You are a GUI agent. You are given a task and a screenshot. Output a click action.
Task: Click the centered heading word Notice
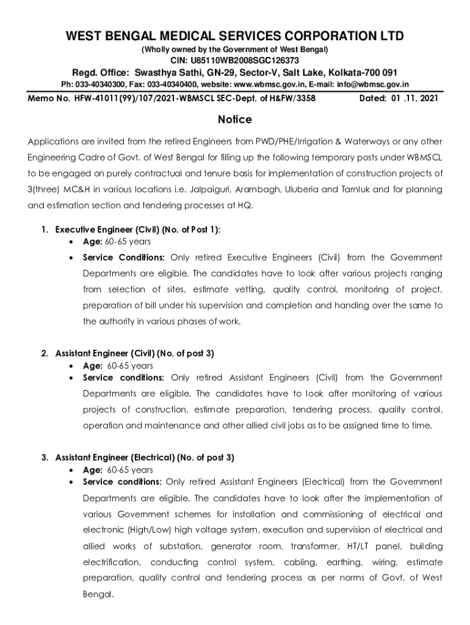coord(235,120)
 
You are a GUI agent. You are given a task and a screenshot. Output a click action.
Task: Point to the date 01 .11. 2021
coord(411,97)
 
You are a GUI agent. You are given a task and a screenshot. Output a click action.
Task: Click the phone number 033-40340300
coord(101,84)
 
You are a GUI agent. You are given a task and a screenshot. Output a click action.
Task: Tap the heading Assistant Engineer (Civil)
coord(104,353)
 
